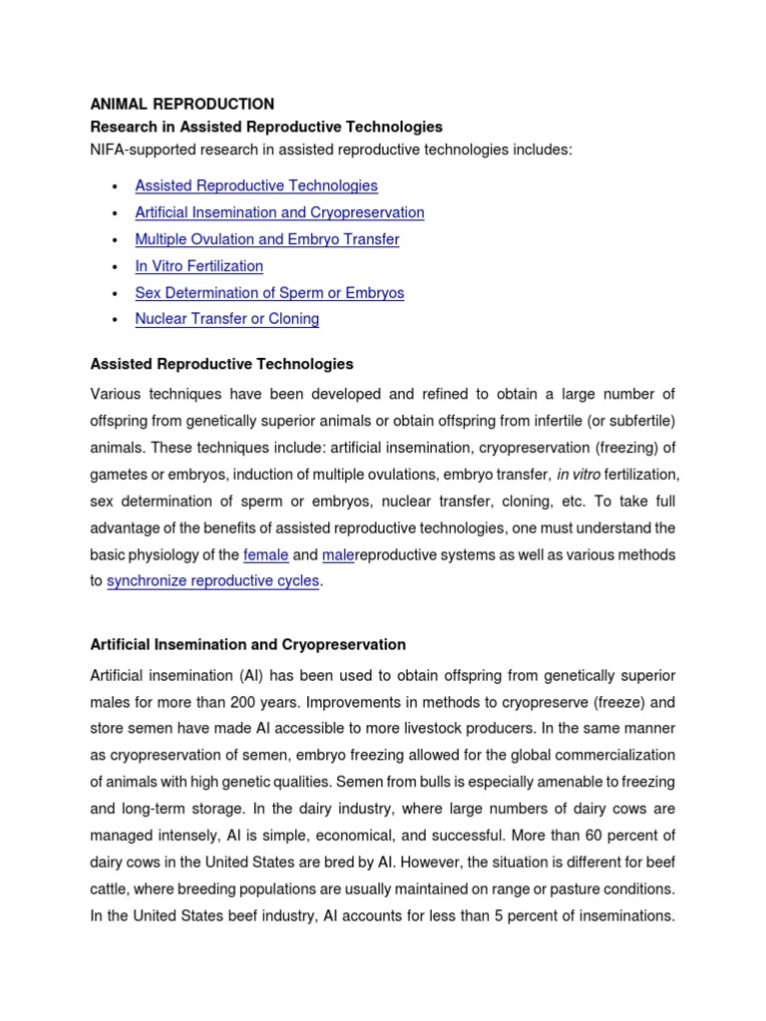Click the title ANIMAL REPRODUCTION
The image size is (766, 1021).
tap(182, 104)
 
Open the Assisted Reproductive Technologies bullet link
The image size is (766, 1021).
tap(256, 185)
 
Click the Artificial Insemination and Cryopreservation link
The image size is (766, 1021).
tap(279, 212)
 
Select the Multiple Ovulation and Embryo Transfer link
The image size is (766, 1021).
tap(266, 239)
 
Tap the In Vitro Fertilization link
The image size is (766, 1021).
tap(198, 266)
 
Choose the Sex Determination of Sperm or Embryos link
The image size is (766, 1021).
tap(269, 293)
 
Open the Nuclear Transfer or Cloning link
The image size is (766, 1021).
tap(226, 319)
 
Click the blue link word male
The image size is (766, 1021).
tap(338, 554)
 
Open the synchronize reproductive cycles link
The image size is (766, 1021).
tap(212, 581)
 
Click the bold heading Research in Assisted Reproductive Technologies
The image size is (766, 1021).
tap(266, 127)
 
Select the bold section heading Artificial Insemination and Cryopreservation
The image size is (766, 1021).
tap(247, 645)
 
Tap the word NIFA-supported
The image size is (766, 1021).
tap(146, 150)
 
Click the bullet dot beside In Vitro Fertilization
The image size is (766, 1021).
tap(116, 267)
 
